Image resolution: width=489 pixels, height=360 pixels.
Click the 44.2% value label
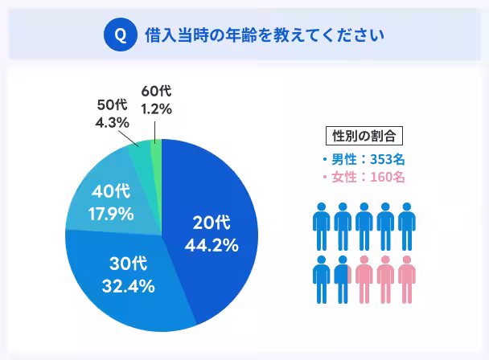[212, 245]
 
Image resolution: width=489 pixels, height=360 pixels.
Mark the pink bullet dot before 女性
[325, 177]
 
